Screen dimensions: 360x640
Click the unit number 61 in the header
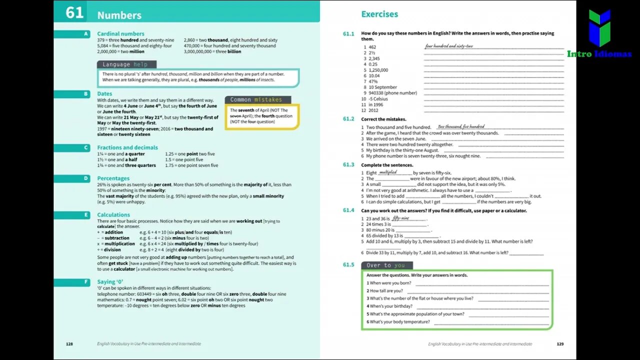[74, 12]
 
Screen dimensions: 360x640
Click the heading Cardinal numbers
[120, 33]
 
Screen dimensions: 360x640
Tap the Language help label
[125, 64]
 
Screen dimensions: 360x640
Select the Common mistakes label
[256, 99]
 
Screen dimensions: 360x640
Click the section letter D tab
[86, 178]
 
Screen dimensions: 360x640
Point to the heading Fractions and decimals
[127, 147]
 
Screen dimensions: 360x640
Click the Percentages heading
[113, 178]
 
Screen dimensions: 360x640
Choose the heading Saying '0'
[110, 282]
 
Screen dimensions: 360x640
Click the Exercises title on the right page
[379, 14]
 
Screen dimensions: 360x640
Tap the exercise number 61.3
[348, 164]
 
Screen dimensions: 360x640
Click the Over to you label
[385, 265]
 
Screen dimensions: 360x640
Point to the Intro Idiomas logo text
[599, 54]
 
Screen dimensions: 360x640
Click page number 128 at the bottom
[69, 344]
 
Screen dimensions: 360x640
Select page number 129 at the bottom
[560, 344]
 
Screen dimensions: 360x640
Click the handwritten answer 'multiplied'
[388, 172]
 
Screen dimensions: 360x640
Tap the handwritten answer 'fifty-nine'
[401, 218]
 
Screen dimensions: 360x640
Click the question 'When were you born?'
[390, 283]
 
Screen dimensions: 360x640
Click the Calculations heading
[113, 215]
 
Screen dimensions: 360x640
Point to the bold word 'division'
[112, 249]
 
